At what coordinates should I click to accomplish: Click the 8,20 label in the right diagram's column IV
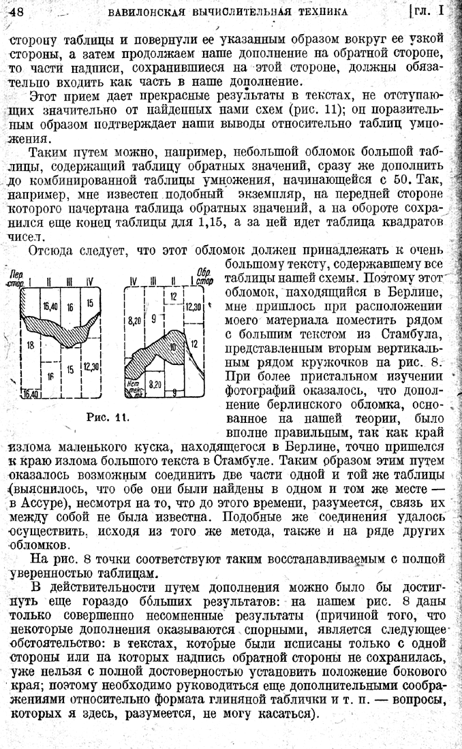[x=134, y=318]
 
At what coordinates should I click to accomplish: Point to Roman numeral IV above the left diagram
[x=91, y=281]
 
